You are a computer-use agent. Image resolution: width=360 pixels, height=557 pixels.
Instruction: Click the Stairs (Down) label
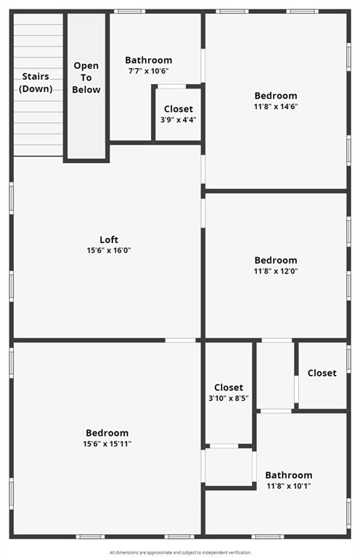[36, 82]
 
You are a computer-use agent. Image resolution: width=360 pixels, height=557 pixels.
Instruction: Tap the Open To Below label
[86, 78]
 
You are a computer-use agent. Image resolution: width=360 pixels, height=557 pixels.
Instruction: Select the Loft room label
[108, 240]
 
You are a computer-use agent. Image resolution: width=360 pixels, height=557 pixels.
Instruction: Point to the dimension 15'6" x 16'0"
[108, 250]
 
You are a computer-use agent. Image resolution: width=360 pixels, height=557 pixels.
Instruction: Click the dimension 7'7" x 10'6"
[148, 70]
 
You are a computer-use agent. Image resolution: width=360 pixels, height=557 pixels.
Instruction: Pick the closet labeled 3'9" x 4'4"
[178, 115]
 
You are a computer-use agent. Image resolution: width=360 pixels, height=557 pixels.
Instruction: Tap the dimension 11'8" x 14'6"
[275, 106]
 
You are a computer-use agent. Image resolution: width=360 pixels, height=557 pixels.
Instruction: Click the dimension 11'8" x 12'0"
[275, 271]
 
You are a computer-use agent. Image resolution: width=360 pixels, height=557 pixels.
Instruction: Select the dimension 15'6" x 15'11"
[107, 443]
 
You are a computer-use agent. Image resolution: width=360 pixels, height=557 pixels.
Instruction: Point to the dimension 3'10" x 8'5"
[229, 398]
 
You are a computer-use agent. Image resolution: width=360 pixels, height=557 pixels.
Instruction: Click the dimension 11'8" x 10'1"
[288, 486]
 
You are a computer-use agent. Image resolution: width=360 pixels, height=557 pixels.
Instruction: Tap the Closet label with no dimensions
[322, 373]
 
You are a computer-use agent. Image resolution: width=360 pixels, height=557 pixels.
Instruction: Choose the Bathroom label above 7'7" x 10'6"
[148, 60]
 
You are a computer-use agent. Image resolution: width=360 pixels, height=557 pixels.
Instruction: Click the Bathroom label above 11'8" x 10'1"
[288, 475]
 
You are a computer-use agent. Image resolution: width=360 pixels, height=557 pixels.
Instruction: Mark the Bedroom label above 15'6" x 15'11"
[107, 433]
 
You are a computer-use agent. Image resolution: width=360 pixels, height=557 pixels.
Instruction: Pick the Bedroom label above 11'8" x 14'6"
[275, 96]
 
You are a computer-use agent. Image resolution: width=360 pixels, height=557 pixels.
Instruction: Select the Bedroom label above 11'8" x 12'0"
[275, 260]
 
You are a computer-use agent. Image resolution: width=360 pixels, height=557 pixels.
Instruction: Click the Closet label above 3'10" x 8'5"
[229, 388]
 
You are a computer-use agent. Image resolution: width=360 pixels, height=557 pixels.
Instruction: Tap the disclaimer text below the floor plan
[180, 552]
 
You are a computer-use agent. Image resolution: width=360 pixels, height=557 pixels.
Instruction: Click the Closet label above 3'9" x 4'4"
[178, 109]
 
